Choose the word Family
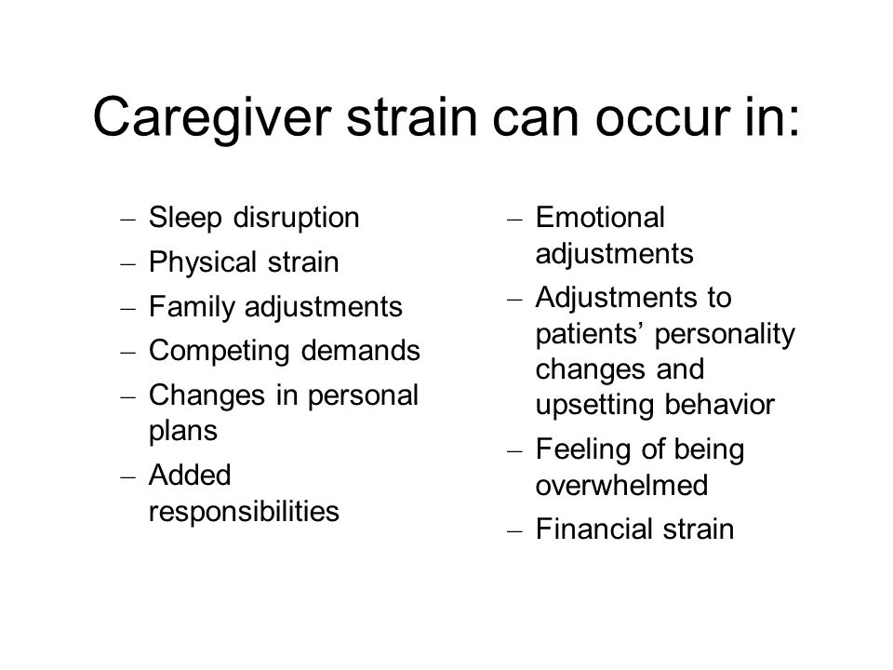[185, 306]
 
